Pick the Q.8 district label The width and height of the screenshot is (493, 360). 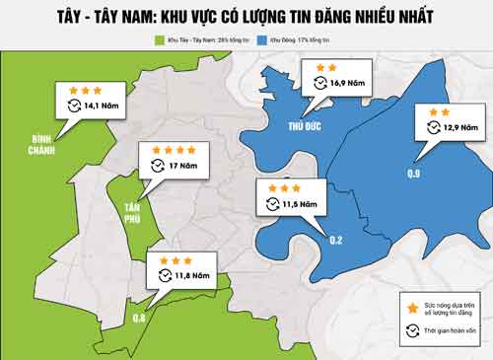139,319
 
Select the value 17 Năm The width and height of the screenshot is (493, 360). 183,165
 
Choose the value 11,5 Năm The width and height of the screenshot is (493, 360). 302,204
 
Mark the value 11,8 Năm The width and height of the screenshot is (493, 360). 193,275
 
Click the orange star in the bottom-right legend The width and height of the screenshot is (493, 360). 410,309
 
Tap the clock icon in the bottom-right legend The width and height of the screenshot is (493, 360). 410,332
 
